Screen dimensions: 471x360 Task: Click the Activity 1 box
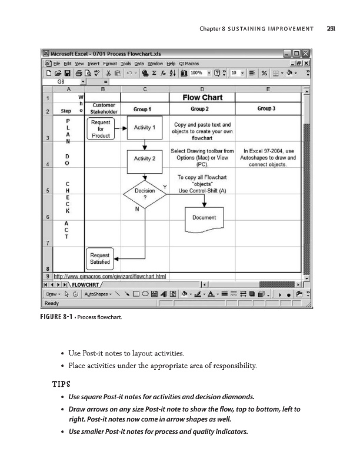point(145,128)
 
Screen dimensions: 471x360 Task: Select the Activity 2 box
point(145,158)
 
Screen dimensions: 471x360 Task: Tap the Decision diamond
point(145,193)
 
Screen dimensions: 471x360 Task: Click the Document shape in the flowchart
point(204,218)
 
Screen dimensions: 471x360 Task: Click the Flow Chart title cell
point(203,97)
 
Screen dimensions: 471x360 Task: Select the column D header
point(203,89)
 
